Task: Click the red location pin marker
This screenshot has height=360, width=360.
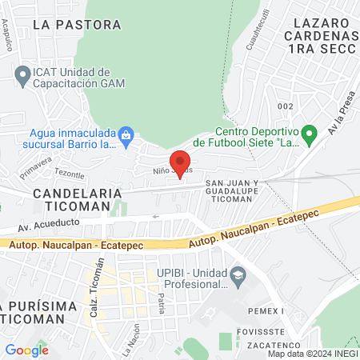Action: (x=181, y=162)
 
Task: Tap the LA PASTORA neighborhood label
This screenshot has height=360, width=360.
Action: (x=78, y=25)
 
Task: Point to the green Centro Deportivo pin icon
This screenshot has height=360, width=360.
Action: (x=306, y=133)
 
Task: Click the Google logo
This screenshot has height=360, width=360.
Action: (x=26, y=350)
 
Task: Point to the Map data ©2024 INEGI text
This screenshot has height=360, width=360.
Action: (x=312, y=354)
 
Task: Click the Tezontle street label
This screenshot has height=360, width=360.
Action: (x=70, y=174)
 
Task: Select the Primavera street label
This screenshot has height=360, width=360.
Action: (x=35, y=168)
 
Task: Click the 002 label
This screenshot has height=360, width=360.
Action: (x=286, y=106)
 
